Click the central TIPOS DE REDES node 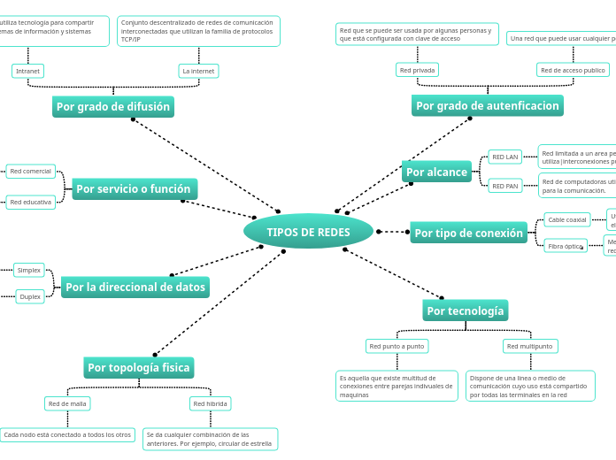308,232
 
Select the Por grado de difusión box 113,107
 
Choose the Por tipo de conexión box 469,233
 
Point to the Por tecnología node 466,310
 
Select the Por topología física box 139,367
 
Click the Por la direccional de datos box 135,287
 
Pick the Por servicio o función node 134,188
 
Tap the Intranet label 28,71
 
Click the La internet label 198,71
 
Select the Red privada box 417,70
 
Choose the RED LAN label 505,157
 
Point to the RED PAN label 505,186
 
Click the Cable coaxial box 567,219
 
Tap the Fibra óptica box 566,246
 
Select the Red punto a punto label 397,346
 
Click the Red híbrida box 211,403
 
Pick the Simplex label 29,270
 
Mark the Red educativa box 31,202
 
